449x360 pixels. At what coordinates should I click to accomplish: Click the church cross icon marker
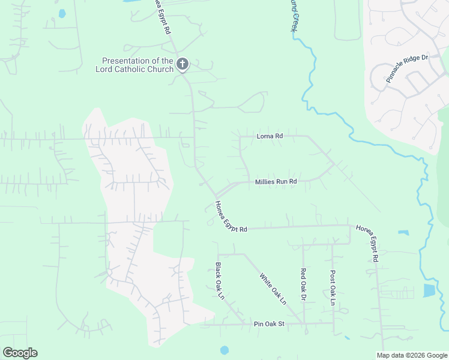coord(182,63)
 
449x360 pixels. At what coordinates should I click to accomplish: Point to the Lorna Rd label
coord(270,136)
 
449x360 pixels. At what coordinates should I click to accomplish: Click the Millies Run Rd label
coord(276,181)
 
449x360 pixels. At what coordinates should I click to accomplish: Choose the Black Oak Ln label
coord(220,280)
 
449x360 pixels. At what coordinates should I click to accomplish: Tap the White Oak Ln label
coord(273,289)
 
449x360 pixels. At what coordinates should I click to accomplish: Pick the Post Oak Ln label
coord(333,287)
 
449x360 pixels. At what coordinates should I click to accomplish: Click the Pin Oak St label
coord(268,323)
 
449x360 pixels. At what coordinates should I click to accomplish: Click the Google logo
coord(20,353)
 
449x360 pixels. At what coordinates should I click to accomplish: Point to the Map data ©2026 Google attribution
coord(412,355)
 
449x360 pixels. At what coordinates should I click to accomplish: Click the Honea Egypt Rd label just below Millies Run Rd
coord(231,217)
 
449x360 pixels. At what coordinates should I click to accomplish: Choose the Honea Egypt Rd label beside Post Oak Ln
coord(367,243)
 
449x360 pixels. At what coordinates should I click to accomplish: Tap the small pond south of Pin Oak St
coord(224,350)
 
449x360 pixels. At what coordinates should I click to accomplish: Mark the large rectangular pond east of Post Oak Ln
coord(429,290)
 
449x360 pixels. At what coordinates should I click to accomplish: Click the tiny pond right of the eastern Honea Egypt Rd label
coord(403,233)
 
